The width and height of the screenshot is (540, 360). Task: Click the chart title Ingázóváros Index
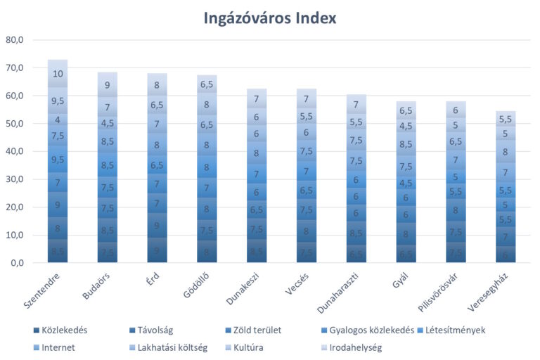click(270, 18)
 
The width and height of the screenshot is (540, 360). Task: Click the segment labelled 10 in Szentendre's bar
click(58, 74)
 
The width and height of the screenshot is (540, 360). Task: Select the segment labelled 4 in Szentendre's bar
click(58, 120)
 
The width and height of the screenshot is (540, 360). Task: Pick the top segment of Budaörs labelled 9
click(108, 85)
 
